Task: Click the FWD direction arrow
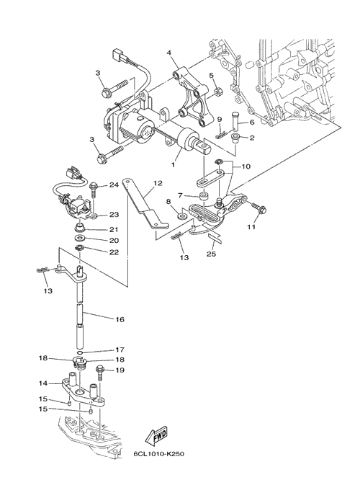point(156,437)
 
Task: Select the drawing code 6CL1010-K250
point(158,453)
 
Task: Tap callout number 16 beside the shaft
point(120,319)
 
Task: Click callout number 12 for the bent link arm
point(158,184)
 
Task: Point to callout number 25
point(211,254)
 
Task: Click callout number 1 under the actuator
point(174,165)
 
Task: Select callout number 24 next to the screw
point(114,184)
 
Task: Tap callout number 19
point(120,370)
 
